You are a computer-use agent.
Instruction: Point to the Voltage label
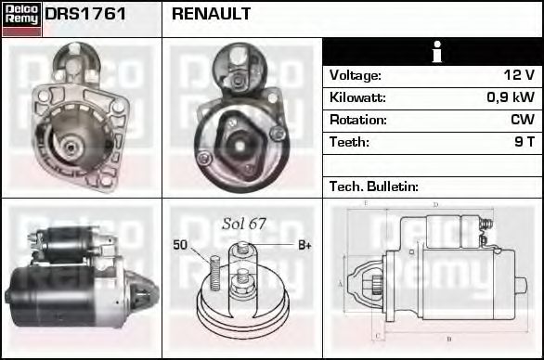click(x=356, y=75)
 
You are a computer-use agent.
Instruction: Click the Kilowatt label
click(x=357, y=97)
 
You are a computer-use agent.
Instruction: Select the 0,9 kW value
click(x=511, y=97)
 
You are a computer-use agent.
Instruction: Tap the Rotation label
click(x=356, y=120)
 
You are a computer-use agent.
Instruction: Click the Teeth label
click(x=349, y=142)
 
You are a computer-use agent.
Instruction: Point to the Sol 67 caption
click(x=244, y=224)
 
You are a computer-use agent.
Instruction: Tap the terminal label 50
click(x=180, y=245)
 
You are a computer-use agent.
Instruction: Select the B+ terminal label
click(x=304, y=245)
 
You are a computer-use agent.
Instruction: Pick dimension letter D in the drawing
click(x=435, y=204)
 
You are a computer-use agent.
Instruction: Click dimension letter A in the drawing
click(x=341, y=282)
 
